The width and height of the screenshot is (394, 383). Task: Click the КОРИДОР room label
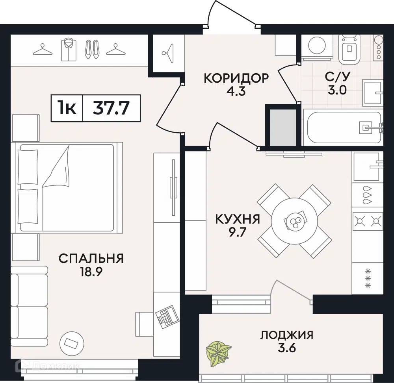(236, 78)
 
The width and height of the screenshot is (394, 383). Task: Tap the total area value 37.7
(111, 108)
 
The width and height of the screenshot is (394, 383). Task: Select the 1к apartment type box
(67, 108)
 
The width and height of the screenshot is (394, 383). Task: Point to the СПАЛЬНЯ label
(91, 258)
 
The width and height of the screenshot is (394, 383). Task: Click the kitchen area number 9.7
(237, 232)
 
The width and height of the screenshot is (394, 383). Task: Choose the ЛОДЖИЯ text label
(287, 335)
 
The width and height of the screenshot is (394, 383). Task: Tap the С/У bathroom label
(337, 77)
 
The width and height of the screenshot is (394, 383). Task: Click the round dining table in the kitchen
(294, 221)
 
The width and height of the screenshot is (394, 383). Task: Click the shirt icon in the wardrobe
(69, 49)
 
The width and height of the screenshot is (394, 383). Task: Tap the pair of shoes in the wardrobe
(92, 50)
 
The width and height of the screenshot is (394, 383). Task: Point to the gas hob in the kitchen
(368, 221)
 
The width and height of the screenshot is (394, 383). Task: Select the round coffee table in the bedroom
(72, 343)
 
